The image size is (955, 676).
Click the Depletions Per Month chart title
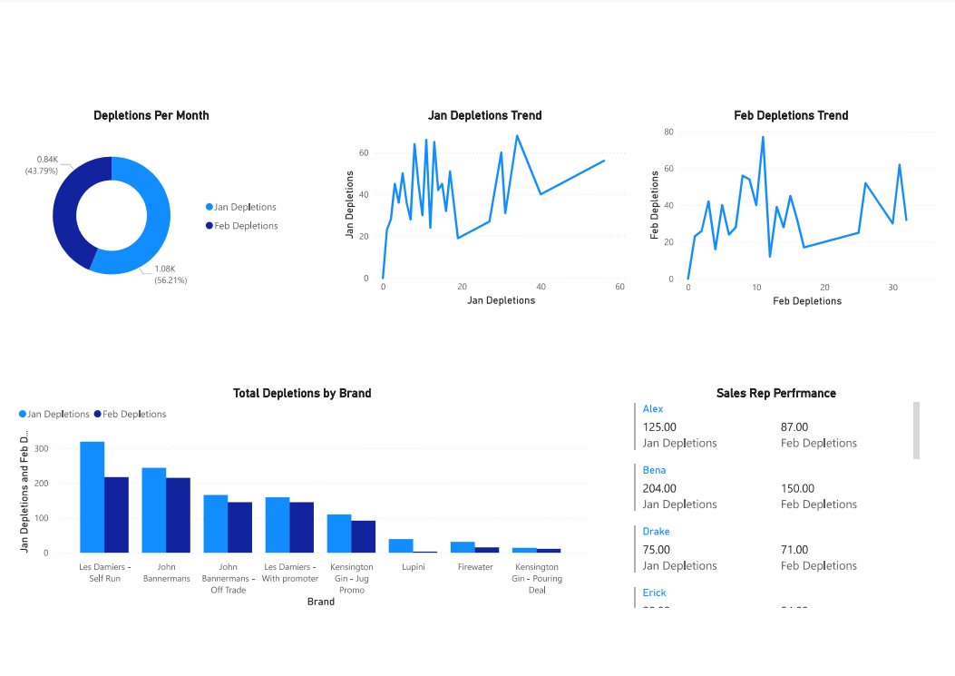click(x=151, y=115)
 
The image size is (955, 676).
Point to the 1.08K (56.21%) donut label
click(x=171, y=274)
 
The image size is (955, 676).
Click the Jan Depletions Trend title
click(x=484, y=115)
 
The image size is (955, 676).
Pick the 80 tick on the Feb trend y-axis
click(x=668, y=132)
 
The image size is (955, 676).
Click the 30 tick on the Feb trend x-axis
click(x=892, y=289)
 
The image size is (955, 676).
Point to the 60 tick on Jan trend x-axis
click(x=619, y=288)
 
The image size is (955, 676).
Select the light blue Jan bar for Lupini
click(x=401, y=545)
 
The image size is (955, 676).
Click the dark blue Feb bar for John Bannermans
click(x=178, y=514)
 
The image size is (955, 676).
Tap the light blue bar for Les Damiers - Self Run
click(x=93, y=496)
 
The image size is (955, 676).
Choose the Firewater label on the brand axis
click(x=475, y=567)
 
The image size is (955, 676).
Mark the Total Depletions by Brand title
click(x=302, y=393)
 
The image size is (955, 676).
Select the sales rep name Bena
click(x=654, y=470)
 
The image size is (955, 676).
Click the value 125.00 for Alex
click(x=659, y=426)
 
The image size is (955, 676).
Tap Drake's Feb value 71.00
click(x=794, y=549)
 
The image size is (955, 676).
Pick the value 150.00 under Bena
click(x=796, y=488)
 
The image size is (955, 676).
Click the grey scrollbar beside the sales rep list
click(x=916, y=430)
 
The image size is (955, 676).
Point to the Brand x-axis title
click(x=320, y=602)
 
